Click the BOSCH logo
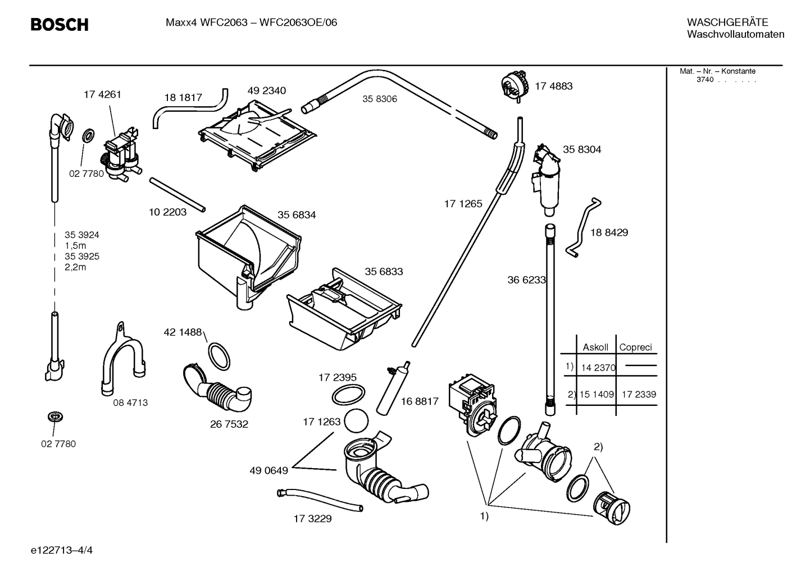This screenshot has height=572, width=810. pyautogui.click(x=59, y=25)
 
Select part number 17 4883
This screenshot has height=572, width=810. pyautogui.click(x=553, y=86)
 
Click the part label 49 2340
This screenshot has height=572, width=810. pyautogui.click(x=266, y=90)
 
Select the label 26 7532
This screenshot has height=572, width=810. pyautogui.click(x=229, y=424)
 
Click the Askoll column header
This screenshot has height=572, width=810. pyautogui.click(x=595, y=347)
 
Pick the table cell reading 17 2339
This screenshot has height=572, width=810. pyautogui.click(x=638, y=394)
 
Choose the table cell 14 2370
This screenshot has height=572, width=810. pyautogui.click(x=598, y=368)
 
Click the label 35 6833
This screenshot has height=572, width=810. pyautogui.click(x=384, y=271)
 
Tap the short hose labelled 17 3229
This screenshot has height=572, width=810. pyautogui.click(x=319, y=500)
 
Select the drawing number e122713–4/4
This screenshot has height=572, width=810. pyautogui.click(x=62, y=550)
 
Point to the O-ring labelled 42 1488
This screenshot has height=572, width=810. pyautogui.click(x=219, y=355)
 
